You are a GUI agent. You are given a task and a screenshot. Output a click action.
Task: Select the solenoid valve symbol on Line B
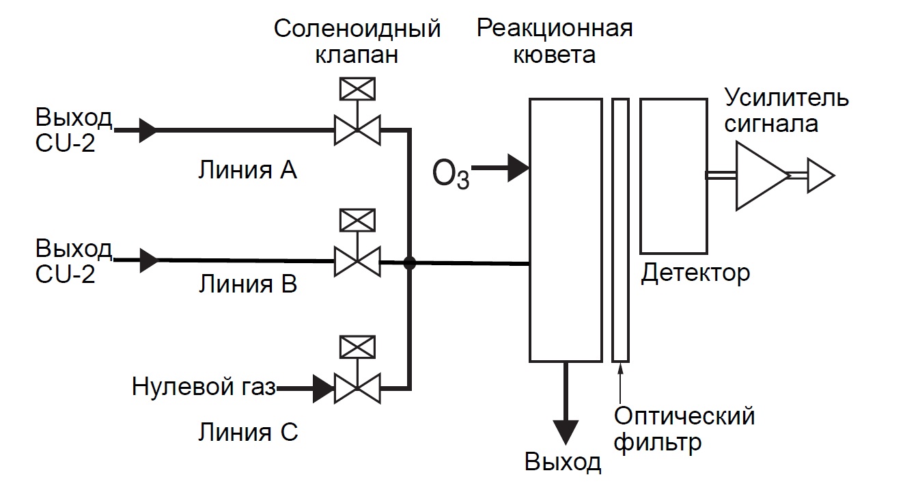click(357, 260)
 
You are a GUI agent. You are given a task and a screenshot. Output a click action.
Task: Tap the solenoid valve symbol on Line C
click(357, 388)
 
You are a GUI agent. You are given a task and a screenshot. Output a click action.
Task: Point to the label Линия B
click(247, 284)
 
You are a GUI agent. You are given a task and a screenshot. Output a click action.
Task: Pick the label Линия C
click(248, 433)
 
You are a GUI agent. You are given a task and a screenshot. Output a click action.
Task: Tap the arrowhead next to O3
click(519, 167)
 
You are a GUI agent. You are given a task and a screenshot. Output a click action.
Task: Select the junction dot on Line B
click(410, 262)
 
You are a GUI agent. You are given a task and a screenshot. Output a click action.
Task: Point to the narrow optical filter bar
click(620, 229)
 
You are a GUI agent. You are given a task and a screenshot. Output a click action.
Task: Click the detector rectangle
click(673, 175)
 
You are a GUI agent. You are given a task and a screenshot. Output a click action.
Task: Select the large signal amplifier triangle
click(760, 176)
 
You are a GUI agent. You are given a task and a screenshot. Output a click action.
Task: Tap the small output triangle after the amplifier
click(820, 176)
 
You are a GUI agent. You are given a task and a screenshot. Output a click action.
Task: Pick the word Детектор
click(695, 273)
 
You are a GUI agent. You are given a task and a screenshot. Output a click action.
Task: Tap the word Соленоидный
click(357, 29)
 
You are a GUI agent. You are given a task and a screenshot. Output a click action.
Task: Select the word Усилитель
click(787, 98)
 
